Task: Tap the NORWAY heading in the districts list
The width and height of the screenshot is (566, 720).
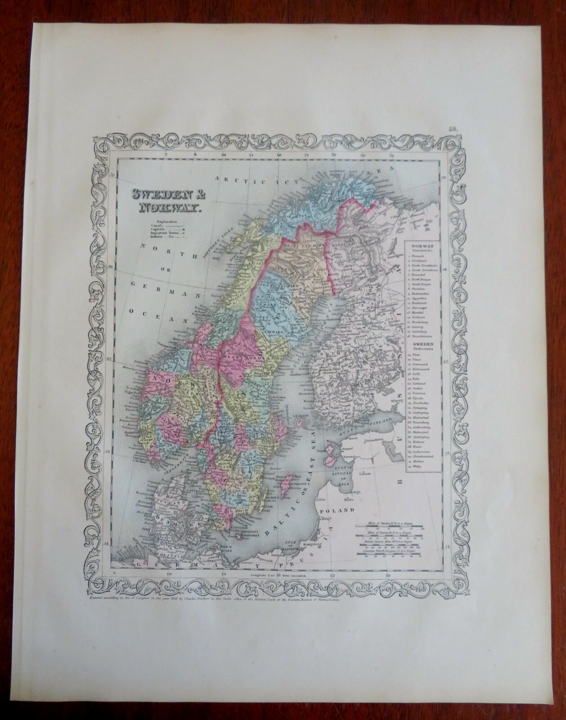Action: [419, 247]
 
